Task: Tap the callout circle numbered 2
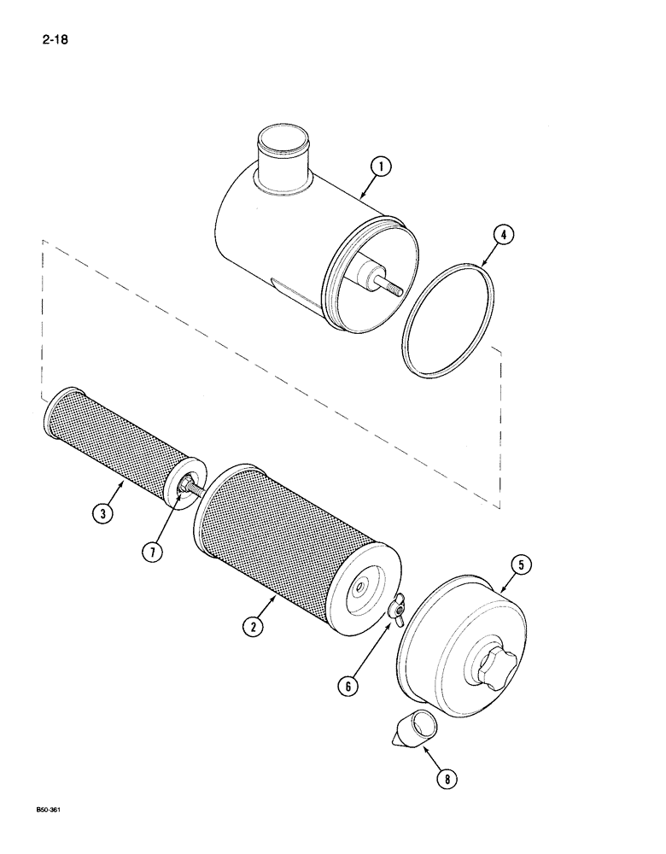click(x=252, y=627)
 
